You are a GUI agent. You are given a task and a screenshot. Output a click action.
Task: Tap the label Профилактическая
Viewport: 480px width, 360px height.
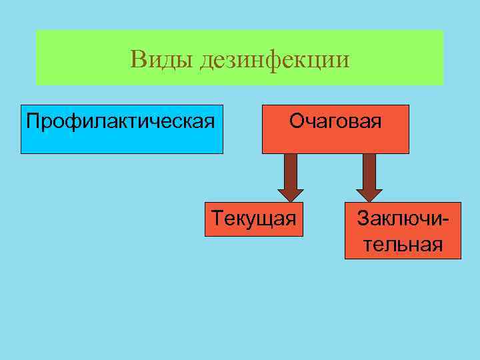coord(121,122)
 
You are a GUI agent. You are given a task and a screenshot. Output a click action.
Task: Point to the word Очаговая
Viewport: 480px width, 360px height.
coord(335,122)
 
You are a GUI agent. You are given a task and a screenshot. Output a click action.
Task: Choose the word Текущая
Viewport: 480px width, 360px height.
coord(253,218)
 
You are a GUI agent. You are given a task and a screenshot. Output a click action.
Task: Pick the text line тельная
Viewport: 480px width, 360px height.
coord(403,244)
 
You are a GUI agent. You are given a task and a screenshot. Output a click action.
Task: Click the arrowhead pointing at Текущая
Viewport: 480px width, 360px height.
coord(291,194)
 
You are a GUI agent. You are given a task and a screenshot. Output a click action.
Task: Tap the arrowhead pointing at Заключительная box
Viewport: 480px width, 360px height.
coord(369,194)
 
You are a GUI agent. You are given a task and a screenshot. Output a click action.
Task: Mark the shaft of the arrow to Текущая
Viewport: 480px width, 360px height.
coord(291,170)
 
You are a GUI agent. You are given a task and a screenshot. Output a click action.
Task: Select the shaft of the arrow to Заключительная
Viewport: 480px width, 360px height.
coord(369,170)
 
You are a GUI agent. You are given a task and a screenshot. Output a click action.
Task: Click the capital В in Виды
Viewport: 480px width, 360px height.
coord(138,60)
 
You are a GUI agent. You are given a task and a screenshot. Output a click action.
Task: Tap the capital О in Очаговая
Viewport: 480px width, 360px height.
coord(296,122)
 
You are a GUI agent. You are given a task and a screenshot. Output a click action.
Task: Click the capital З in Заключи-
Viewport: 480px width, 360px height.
coord(363,218)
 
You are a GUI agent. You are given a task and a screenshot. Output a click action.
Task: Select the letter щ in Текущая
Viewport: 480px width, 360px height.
coord(263,219)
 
